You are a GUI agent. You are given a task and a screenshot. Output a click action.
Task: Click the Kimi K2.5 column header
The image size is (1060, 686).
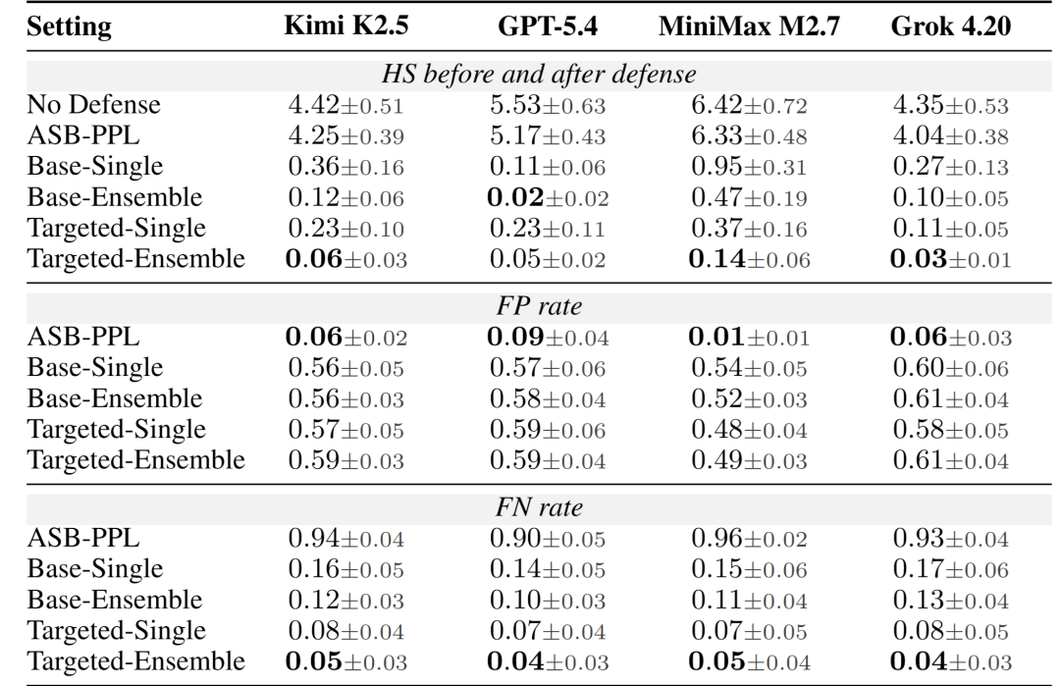[x=346, y=26]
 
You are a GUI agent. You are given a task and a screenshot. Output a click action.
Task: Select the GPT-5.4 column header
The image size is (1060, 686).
[x=548, y=26]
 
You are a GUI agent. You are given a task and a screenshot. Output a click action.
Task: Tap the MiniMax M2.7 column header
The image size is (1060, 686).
[x=749, y=26]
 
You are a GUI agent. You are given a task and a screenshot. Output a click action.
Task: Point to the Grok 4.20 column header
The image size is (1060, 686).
[x=950, y=26]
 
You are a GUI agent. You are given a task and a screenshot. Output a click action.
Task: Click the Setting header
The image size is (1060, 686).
[x=69, y=27]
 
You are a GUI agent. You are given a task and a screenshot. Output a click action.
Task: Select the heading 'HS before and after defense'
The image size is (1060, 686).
[x=539, y=74]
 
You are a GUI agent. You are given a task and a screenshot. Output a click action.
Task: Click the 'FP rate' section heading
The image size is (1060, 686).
[x=539, y=306]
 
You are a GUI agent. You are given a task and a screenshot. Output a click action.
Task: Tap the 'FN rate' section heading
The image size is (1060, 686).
[x=539, y=507]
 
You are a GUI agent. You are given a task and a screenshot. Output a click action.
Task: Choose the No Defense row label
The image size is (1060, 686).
[x=94, y=105]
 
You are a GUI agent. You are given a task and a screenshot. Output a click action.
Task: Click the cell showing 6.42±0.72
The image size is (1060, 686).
[x=749, y=105]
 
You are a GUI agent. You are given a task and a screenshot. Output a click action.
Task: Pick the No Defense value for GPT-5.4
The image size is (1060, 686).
[x=548, y=105]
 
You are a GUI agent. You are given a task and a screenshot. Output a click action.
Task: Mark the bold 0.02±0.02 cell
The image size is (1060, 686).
[x=548, y=197]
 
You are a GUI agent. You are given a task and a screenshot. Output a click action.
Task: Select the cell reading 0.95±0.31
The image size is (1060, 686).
[x=749, y=166]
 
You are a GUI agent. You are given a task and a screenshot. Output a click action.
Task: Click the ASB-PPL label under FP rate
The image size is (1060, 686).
[x=83, y=337]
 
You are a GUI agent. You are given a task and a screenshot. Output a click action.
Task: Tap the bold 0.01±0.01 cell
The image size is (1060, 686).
[x=749, y=337]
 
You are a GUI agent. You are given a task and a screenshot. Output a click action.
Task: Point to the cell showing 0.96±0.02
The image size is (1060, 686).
[x=749, y=538]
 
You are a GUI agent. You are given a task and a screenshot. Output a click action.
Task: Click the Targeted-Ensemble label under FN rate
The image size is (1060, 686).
[x=135, y=661]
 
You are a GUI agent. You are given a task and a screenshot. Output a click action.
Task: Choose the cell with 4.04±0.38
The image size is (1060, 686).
[x=950, y=135]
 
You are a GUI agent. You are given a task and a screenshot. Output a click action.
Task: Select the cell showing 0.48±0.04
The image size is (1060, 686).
[x=749, y=429]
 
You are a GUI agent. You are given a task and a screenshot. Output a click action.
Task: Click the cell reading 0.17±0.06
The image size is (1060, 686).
[x=950, y=569]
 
